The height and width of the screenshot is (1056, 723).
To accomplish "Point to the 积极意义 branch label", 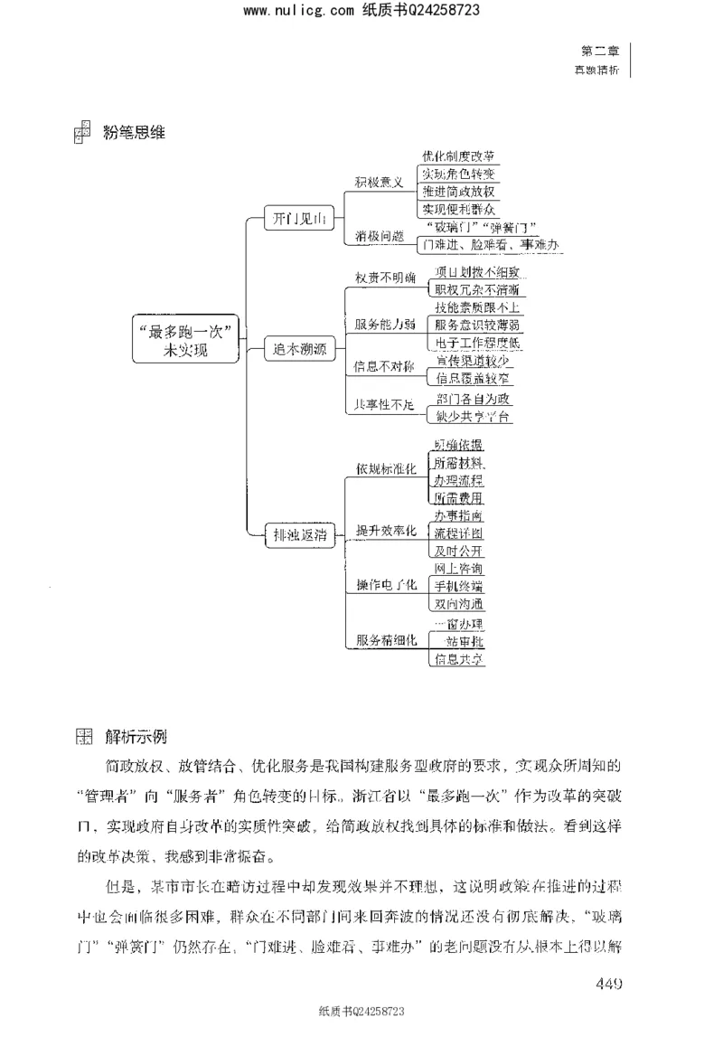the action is point(380,183).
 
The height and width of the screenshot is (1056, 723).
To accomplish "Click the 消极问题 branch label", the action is point(380,235).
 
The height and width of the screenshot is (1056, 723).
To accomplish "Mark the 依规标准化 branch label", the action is point(387,469).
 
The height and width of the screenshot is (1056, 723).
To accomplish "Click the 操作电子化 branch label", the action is point(387,585).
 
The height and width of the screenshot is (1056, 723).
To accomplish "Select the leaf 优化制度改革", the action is point(458,156).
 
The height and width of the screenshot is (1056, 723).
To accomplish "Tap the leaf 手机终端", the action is point(458,586).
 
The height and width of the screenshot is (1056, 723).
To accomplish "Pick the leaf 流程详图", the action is point(458,533).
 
